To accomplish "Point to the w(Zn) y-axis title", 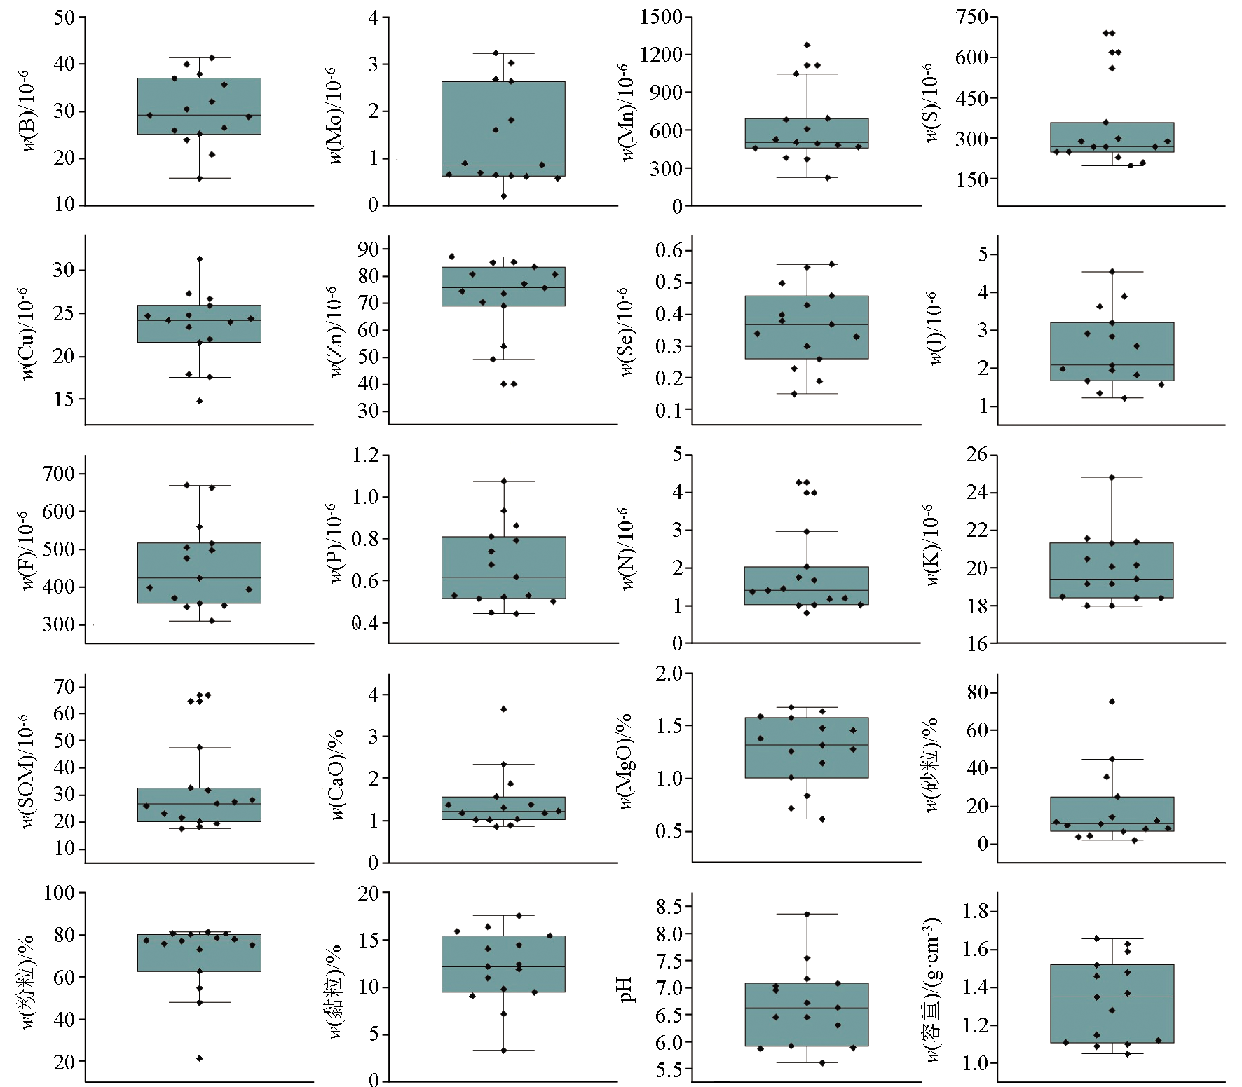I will pos(335,331).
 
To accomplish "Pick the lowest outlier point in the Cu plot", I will pos(200,401).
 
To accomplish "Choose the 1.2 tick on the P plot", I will pos(365,456).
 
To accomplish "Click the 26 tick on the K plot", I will pos(976,455).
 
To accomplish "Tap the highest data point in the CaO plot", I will pos(504,709).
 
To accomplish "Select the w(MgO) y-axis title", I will pos(625,762).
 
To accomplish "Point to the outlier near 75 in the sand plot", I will pos(1112,702).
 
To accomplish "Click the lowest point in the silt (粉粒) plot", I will pos(200,1058).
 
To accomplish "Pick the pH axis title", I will pos(625,989).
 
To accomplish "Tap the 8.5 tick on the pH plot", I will pos(669,907).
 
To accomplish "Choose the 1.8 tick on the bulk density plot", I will pos(975,912).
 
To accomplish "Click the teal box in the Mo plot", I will pos(503,128).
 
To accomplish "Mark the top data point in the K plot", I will pos(1112,477).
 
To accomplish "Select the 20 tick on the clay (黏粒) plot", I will pos(369,894).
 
